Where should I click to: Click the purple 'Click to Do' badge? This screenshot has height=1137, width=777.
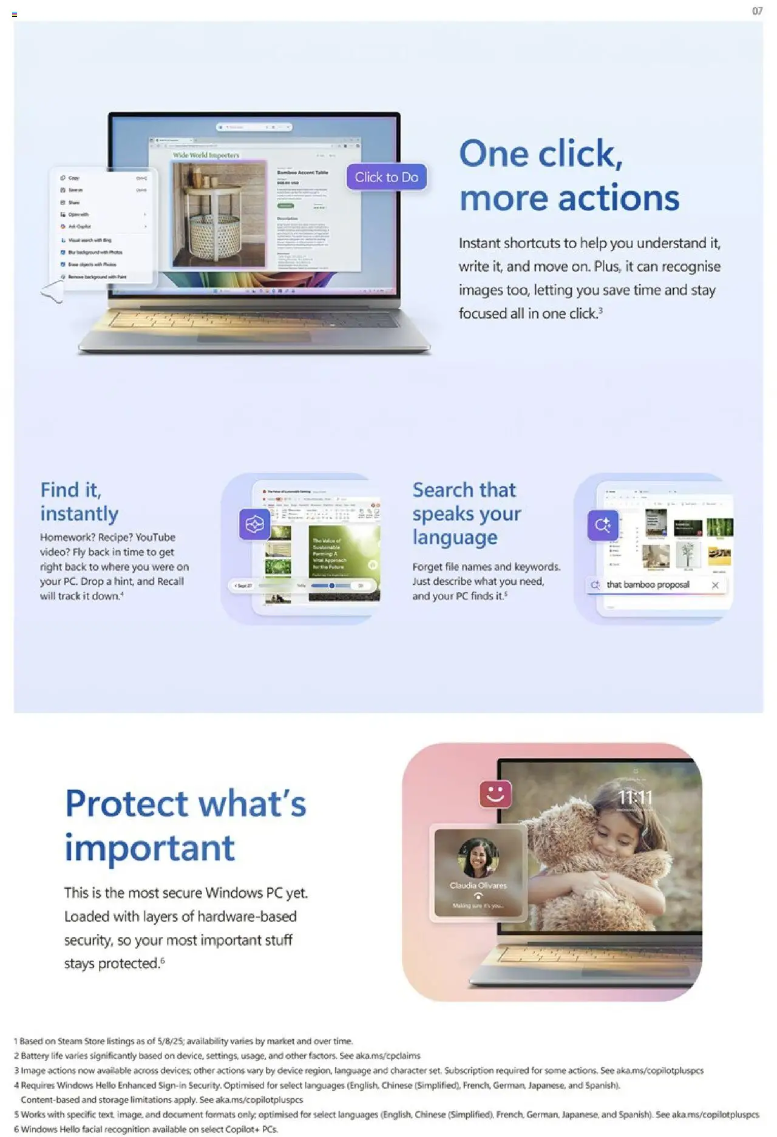click(387, 177)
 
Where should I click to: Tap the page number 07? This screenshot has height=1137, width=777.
click(757, 11)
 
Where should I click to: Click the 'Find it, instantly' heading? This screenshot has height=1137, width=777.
click(79, 502)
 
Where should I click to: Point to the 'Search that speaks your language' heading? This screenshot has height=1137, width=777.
click(466, 513)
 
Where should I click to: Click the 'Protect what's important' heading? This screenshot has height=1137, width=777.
click(185, 825)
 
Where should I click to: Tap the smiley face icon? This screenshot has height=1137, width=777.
click(495, 794)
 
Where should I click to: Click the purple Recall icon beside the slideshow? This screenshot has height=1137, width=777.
click(254, 524)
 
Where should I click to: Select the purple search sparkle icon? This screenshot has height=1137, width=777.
click(602, 525)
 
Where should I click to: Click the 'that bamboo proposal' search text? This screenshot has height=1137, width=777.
click(648, 585)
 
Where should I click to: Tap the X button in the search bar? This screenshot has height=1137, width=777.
click(715, 585)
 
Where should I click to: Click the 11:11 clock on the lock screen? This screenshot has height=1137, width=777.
click(635, 797)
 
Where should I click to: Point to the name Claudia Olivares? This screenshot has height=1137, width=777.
click(478, 885)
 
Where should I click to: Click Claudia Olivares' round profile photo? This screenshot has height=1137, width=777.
click(478, 857)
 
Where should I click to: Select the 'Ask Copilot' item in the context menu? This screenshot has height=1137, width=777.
click(80, 226)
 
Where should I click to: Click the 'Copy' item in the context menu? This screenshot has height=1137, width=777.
click(74, 178)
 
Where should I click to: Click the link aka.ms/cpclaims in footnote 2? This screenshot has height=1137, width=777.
click(388, 1056)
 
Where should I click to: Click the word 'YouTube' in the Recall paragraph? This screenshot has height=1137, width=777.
click(155, 538)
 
